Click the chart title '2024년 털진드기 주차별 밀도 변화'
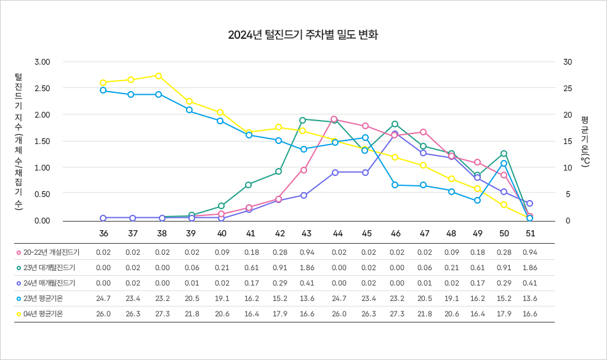pyautogui.click(x=303, y=35)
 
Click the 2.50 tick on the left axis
pyautogui.click(x=42, y=88)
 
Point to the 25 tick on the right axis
pyautogui.click(x=568, y=88)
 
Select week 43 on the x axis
pyautogui.click(x=306, y=234)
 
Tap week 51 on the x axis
pyautogui.click(x=530, y=234)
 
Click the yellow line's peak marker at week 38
pyautogui.click(x=159, y=76)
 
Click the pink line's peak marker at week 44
pyautogui.click(x=334, y=119)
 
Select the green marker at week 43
pyautogui.click(x=303, y=120)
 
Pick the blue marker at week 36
pyautogui.click(x=103, y=90)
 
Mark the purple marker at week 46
pyautogui.click(x=395, y=134)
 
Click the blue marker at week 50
pyautogui.click(x=504, y=163)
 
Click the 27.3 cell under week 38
pyautogui.click(x=162, y=314)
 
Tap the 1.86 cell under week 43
pyautogui.click(x=306, y=268)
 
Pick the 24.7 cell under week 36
pyautogui.click(x=103, y=298)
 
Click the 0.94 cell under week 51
pyautogui.click(x=529, y=252)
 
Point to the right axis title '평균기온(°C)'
pyautogui.click(x=585, y=141)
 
